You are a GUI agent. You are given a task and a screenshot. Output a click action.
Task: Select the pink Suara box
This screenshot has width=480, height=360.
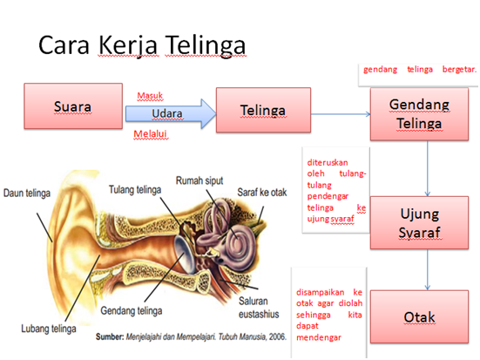tap(73, 107)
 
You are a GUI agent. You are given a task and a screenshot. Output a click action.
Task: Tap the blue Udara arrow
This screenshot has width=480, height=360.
tap(170, 114)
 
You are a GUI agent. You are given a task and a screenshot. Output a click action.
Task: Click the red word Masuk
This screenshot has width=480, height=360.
tap(150, 95)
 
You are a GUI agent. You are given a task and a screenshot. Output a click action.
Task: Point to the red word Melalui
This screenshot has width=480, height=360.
tap(150, 134)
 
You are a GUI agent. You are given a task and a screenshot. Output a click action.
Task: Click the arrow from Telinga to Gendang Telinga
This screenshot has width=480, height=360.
tap(341, 113)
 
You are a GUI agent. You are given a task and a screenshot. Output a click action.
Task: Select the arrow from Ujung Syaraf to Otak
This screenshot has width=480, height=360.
tap(427, 270)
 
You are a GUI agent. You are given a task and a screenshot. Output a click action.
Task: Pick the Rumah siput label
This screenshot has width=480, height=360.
tap(202, 181)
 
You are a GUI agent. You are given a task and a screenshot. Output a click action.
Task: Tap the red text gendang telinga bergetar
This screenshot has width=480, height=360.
tap(419, 69)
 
